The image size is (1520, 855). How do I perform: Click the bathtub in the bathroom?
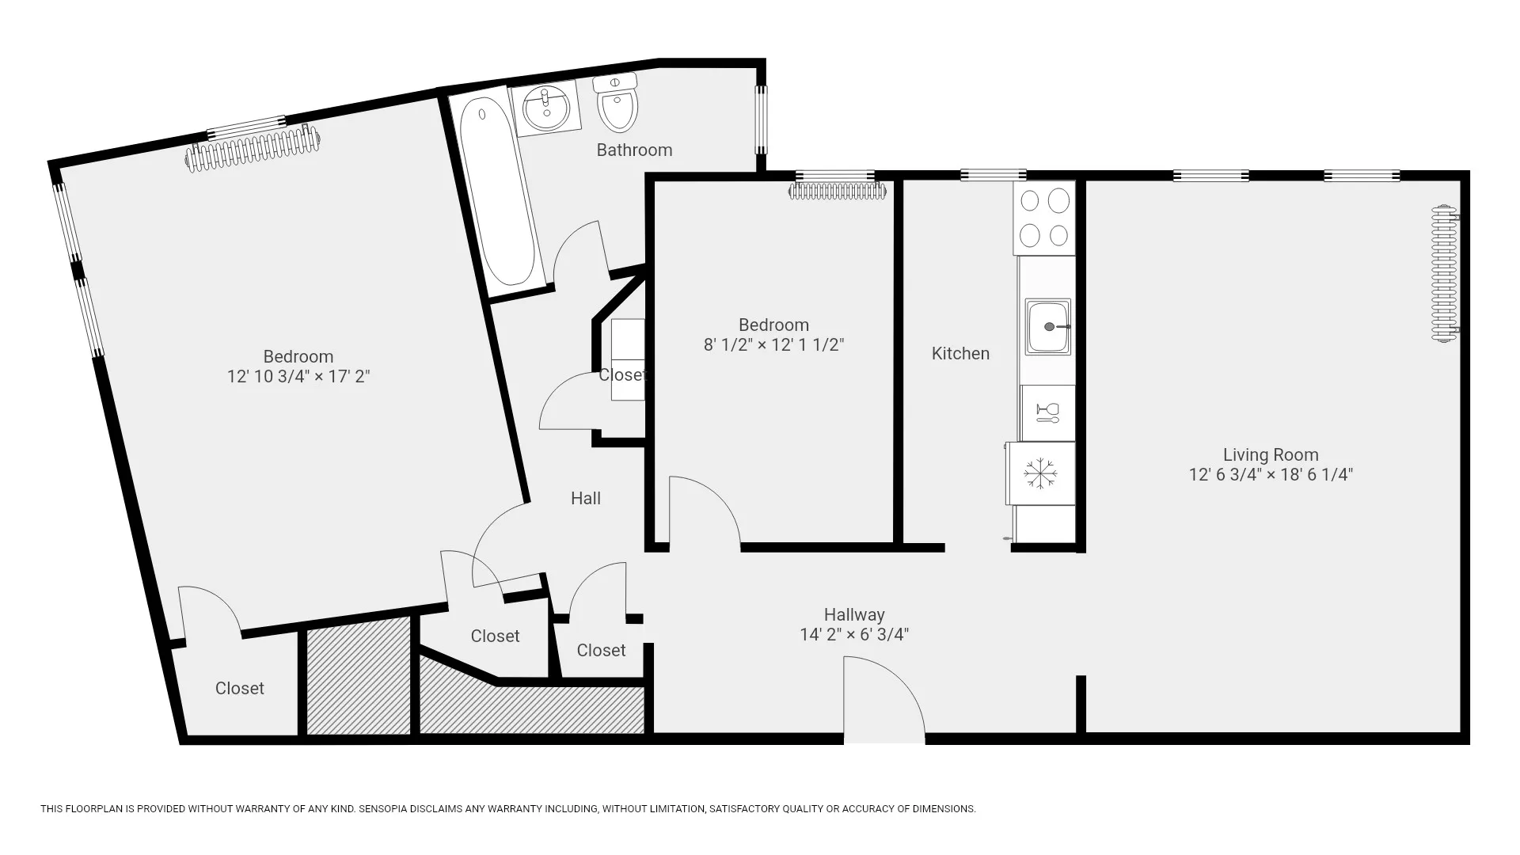click(499, 192)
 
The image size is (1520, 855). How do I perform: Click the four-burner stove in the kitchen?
click(1044, 218)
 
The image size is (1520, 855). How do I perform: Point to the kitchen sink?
click(1048, 326)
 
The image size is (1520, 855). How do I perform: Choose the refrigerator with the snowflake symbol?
click(1040, 473)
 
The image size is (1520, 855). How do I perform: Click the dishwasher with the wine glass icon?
click(1047, 412)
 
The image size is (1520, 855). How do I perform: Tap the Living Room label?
click(1270, 454)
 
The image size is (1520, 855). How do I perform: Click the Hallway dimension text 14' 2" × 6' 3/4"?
click(853, 634)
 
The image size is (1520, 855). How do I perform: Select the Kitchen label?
click(959, 353)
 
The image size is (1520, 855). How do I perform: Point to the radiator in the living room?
click(1444, 273)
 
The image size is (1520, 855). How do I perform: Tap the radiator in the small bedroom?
click(838, 191)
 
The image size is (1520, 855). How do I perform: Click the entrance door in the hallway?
click(883, 701)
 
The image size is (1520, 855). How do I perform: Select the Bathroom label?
click(634, 150)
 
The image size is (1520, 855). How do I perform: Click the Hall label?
click(585, 498)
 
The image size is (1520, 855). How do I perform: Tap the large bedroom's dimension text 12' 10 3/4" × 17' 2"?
click(298, 376)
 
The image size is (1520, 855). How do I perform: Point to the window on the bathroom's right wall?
click(761, 120)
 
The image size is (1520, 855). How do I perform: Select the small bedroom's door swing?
click(701, 511)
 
